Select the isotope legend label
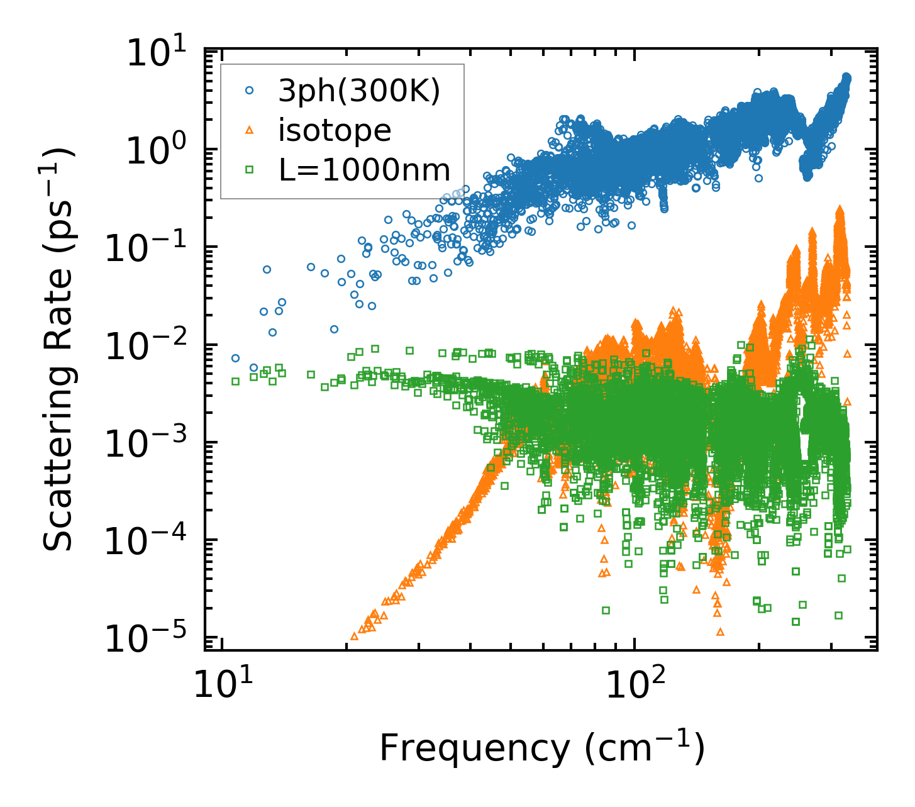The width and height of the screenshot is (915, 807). click(x=335, y=130)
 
